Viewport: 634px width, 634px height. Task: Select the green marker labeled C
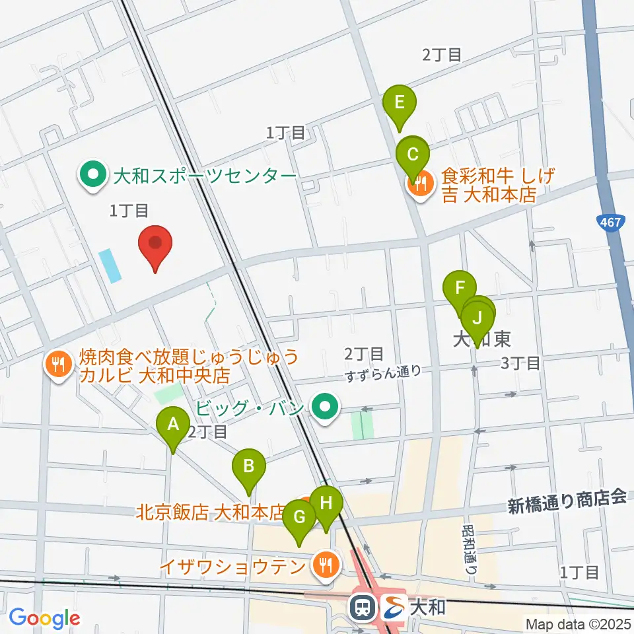click(x=413, y=156)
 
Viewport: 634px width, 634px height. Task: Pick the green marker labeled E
click(x=399, y=103)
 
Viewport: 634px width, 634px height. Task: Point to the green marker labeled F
click(x=460, y=289)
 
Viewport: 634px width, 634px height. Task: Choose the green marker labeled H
click(x=326, y=503)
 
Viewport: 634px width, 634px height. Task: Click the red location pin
click(x=155, y=244)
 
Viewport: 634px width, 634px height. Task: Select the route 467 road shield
click(x=612, y=223)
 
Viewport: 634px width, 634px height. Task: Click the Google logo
click(x=44, y=618)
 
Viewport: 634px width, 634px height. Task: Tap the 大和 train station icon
click(x=363, y=606)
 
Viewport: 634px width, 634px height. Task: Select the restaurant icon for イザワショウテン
click(x=325, y=565)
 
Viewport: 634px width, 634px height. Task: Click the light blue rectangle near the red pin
click(x=110, y=266)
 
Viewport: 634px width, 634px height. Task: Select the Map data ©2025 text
click(x=578, y=623)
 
